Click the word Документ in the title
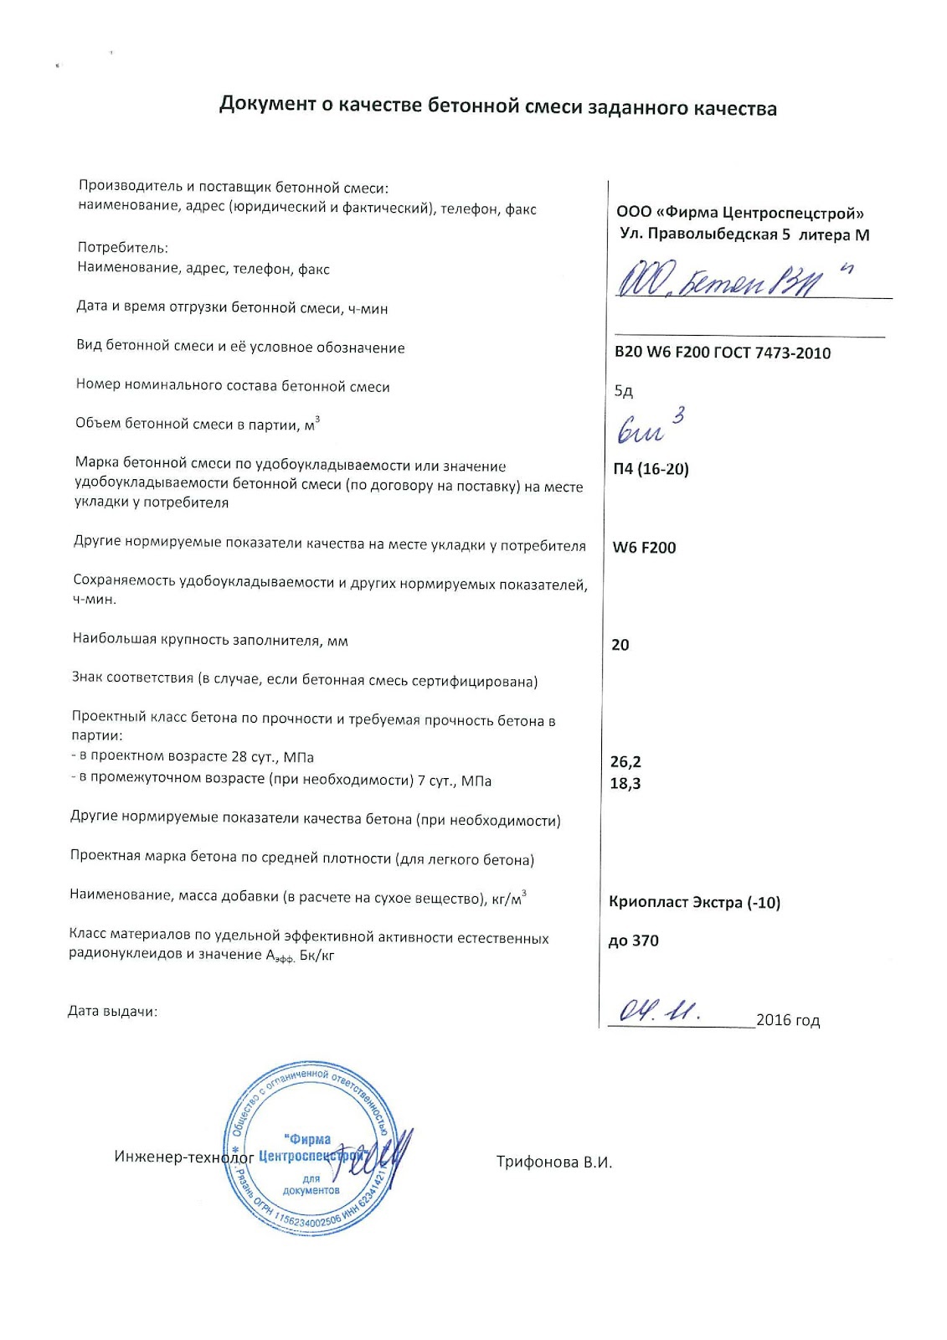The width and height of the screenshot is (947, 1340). (267, 105)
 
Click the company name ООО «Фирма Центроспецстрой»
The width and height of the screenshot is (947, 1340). (739, 213)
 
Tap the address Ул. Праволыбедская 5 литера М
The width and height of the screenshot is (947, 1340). (744, 234)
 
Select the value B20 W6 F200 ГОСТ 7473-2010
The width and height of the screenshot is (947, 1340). (722, 353)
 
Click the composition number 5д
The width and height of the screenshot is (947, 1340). (623, 391)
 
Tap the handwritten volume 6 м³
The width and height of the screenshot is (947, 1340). (650, 427)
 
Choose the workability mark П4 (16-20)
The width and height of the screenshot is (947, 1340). (651, 469)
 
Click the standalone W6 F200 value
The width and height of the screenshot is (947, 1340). (644, 548)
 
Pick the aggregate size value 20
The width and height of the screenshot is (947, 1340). (620, 645)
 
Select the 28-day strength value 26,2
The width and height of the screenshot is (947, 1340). (625, 762)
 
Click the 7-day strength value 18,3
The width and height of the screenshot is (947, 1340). (625, 784)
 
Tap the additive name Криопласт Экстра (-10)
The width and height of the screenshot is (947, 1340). (694, 902)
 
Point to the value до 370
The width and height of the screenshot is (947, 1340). (633, 941)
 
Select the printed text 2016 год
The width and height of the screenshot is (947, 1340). (787, 1020)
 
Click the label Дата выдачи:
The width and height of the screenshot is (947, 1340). (112, 1012)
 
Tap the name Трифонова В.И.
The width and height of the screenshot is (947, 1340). (553, 1162)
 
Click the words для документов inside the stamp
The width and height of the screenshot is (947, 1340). (311, 1184)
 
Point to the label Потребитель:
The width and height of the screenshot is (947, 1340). (122, 248)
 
